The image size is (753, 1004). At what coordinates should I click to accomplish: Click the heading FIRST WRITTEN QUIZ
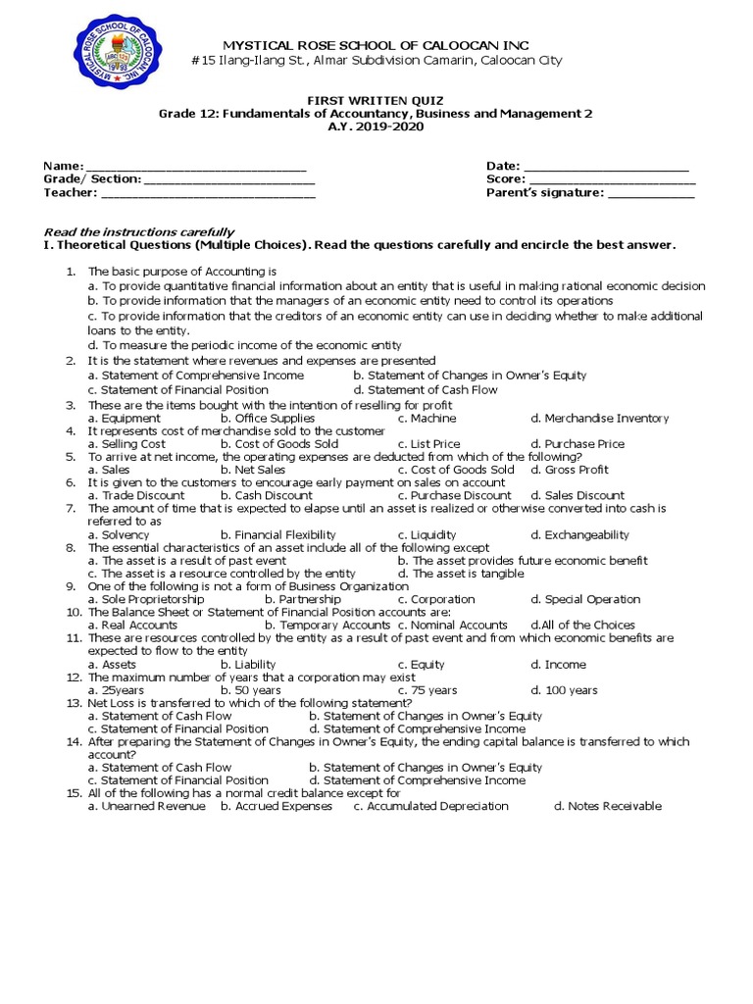point(376,101)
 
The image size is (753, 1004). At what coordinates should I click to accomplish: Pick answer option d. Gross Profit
point(570,470)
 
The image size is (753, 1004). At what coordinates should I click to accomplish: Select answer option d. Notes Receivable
point(608,806)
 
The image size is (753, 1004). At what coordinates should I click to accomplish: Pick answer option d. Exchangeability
point(579,534)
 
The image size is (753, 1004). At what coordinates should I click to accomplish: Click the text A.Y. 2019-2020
point(376,127)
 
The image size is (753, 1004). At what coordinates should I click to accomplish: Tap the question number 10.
point(73,612)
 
